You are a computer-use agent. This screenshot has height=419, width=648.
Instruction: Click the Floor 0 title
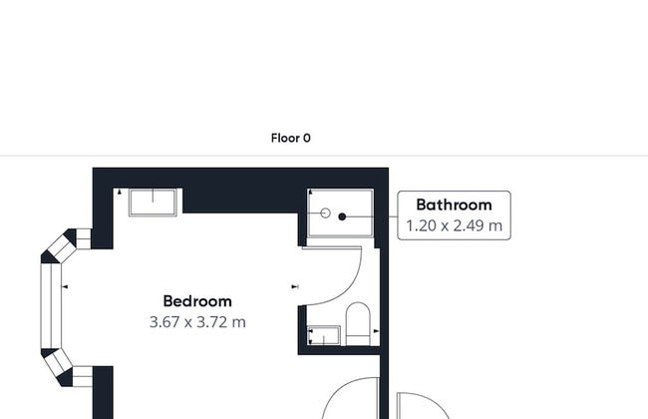tap(290, 138)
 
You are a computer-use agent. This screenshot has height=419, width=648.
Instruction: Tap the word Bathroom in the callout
tap(454, 205)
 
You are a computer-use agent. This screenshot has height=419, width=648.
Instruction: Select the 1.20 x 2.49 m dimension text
tap(454, 225)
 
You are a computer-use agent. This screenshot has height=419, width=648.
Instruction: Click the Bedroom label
tap(197, 301)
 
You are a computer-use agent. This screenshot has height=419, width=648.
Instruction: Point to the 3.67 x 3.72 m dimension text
tap(197, 322)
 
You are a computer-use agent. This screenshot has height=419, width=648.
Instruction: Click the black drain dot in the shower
tap(342, 216)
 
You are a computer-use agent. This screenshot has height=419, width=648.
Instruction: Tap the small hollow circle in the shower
tap(326, 213)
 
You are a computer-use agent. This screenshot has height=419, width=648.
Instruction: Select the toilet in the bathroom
tap(358, 323)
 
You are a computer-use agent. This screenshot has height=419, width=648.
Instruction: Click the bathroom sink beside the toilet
tap(324, 335)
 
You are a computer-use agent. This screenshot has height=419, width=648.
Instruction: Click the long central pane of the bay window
tap(51, 306)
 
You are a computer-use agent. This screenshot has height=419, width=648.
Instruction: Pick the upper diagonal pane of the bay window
tap(62, 247)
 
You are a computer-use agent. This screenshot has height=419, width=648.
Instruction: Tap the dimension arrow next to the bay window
tap(65, 286)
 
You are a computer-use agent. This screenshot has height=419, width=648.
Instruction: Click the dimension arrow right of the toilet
tap(376, 331)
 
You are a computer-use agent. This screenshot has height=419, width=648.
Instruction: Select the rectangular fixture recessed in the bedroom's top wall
tap(153, 203)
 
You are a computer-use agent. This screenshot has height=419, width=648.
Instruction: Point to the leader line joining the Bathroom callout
tap(393, 215)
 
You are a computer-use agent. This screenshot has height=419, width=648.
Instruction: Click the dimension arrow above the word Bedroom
tap(295, 286)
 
